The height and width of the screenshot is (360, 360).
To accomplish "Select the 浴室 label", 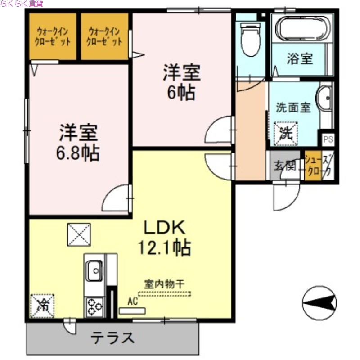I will pyautogui.click(x=300, y=59).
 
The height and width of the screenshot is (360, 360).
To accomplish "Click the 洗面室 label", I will pyautogui.click(x=293, y=108).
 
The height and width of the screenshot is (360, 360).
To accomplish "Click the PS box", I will pyautogui.click(x=328, y=139).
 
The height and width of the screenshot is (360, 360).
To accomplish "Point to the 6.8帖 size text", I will pyautogui.click(x=78, y=153).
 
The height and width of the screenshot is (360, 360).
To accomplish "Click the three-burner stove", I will pyautogui.click(x=94, y=307).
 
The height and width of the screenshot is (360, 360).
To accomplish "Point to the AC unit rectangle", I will pyautogui.click(x=132, y=310).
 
